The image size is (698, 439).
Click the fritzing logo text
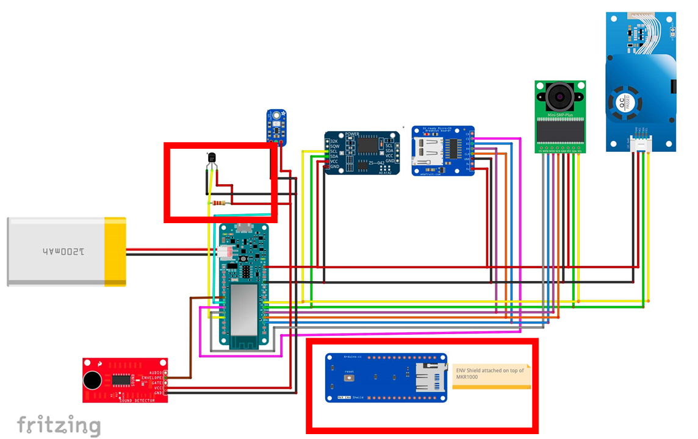click(x=59, y=425)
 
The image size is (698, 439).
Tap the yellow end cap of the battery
click(x=115, y=251)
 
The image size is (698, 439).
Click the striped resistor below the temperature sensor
click(x=218, y=203)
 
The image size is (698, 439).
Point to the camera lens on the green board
click(x=559, y=96)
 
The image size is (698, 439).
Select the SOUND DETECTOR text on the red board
click(x=135, y=399)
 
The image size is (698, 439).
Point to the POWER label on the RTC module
click(x=353, y=134)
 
